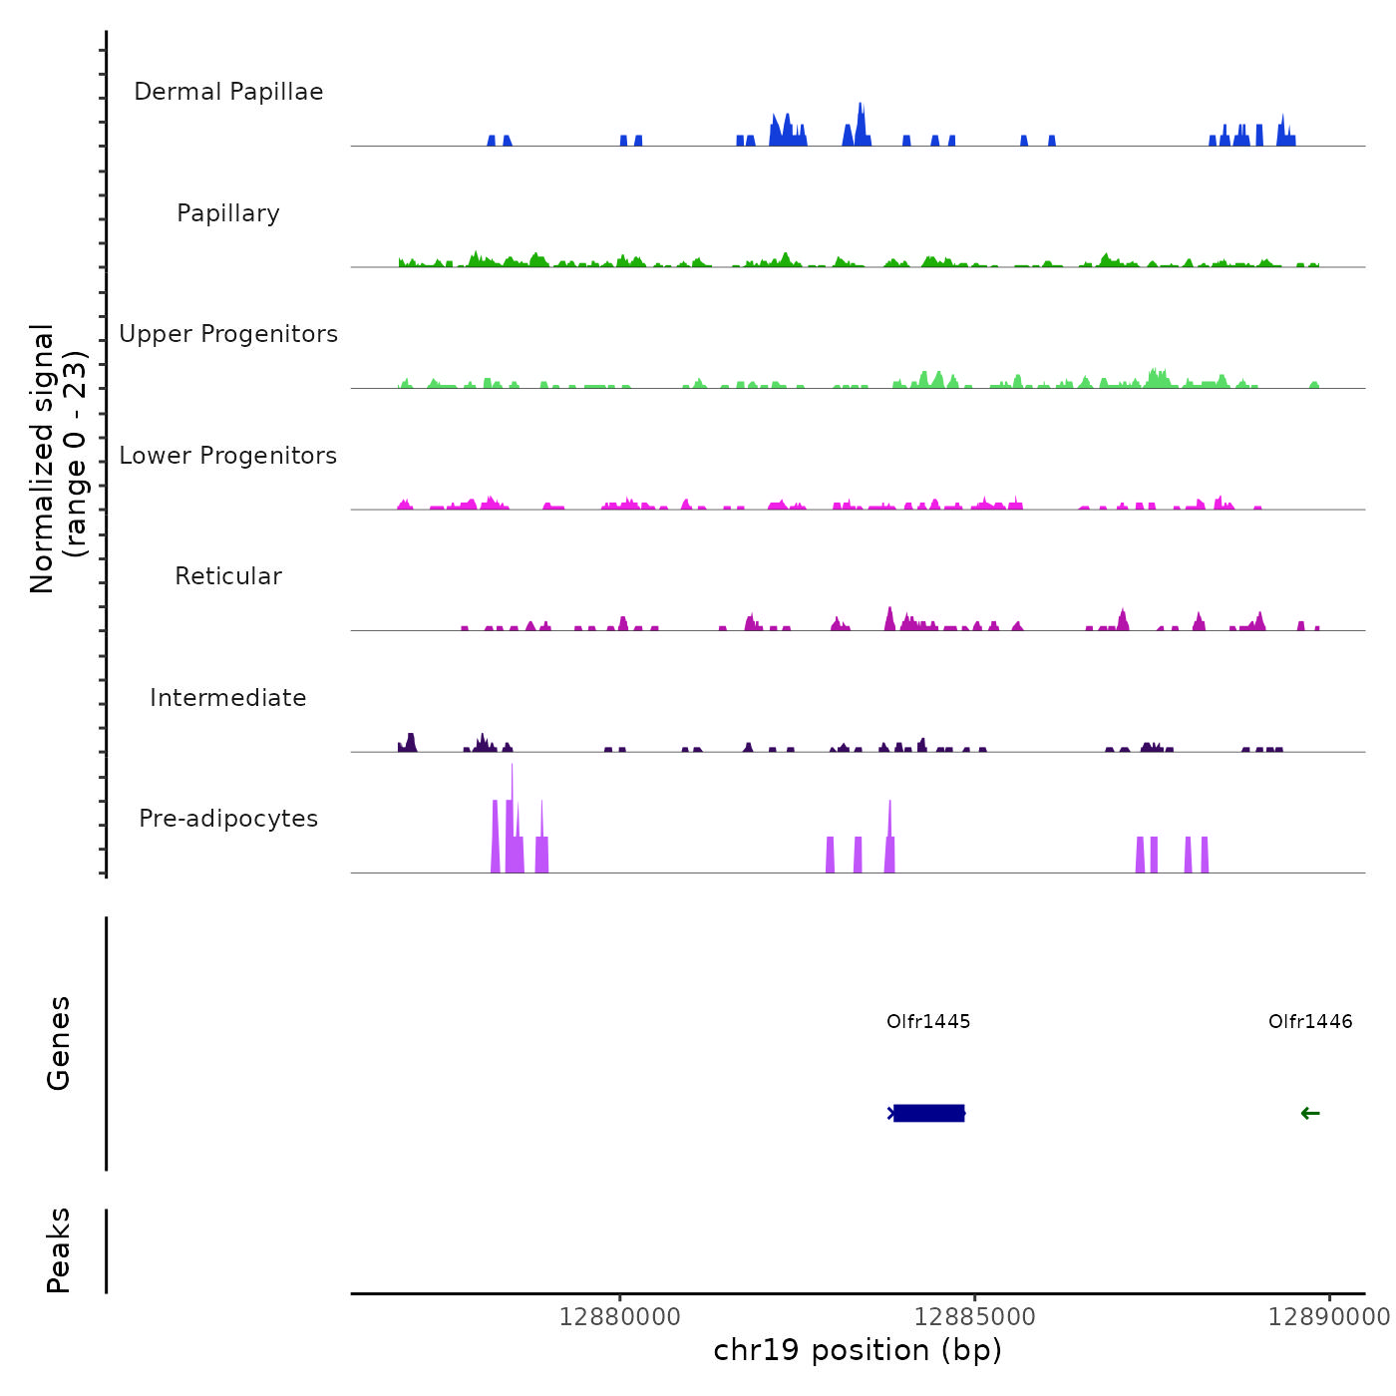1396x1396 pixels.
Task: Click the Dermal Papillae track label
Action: tap(228, 92)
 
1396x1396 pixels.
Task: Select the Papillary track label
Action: tap(228, 213)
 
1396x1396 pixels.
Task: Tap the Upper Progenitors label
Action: tap(228, 334)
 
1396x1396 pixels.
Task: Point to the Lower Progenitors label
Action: tap(228, 456)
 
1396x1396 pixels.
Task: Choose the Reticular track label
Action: tap(228, 576)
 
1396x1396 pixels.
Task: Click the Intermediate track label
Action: tap(228, 698)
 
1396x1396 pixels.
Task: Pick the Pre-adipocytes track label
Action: tap(228, 819)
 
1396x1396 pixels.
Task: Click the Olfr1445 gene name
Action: tap(928, 1021)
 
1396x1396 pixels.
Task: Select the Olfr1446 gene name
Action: tap(1310, 1021)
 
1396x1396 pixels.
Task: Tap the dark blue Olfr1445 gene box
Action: tap(928, 1113)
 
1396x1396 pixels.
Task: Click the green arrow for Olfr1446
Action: tap(1310, 1113)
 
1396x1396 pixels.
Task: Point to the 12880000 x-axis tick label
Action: tap(620, 1317)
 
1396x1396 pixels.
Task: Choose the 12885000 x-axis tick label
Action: tap(974, 1317)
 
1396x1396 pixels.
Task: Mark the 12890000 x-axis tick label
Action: tap(1329, 1317)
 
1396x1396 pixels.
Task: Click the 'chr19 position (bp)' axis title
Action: tap(858, 1350)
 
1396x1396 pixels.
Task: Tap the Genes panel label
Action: tap(59, 1043)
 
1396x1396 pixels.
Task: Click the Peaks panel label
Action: tap(59, 1250)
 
